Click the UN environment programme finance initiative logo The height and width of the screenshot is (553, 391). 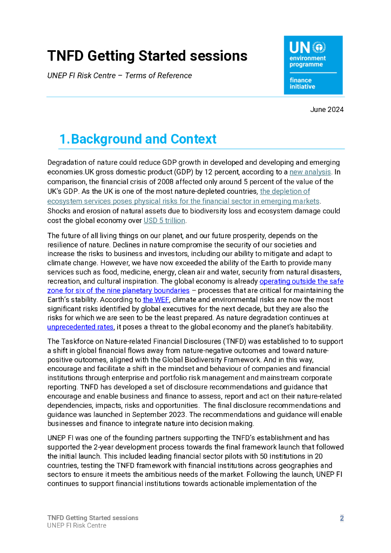click(313, 65)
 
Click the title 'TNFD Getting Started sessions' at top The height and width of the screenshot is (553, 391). click(147, 56)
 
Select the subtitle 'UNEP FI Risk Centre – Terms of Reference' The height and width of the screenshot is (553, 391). click(119, 76)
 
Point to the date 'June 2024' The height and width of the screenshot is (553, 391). click(327, 110)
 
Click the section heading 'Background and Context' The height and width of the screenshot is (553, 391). click(144, 139)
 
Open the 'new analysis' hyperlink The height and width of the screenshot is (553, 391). click(310, 172)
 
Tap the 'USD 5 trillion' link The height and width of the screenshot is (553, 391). click(164, 220)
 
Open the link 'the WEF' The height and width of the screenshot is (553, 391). click(156, 299)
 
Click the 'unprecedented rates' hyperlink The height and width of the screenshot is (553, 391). click(80, 327)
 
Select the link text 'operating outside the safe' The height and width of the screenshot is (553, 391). click(301, 281)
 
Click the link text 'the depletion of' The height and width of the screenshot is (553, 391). click(285, 192)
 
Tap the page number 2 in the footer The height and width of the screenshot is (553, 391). click(341, 518)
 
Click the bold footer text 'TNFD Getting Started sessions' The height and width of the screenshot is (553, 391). click(93, 518)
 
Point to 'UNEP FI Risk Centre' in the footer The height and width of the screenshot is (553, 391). click(77, 525)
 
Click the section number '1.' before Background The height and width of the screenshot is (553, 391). click(64, 139)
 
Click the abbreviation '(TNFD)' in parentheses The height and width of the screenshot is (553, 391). click(245, 341)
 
